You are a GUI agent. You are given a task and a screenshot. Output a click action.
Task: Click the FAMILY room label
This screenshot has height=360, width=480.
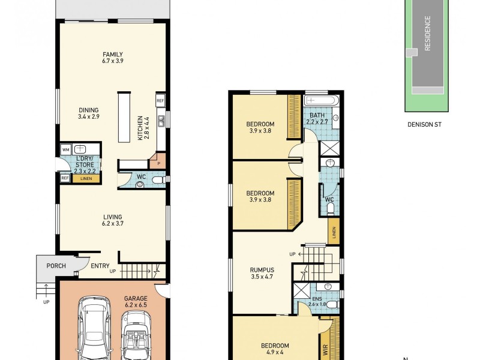point(112,58)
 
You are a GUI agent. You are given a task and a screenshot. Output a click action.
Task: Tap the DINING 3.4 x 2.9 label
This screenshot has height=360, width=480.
point(88,113)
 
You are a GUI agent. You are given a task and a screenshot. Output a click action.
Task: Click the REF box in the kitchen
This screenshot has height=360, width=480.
point(160,101)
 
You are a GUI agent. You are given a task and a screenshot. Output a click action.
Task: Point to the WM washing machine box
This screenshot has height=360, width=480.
point(65,149)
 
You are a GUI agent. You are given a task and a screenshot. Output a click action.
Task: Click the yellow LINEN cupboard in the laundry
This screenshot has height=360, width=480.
point(86,178)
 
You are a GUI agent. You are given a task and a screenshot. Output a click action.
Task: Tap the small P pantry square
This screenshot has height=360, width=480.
point(158,162)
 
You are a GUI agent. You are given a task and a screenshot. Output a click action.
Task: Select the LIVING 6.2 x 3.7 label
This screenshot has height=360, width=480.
point(112,220)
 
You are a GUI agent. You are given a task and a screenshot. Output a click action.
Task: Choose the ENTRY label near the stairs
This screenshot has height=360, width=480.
point(100,266)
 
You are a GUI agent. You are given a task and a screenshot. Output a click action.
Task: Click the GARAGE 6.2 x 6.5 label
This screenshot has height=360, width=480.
point(136,301)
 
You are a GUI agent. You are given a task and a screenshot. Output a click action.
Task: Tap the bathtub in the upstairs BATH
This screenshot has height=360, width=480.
point(322,101)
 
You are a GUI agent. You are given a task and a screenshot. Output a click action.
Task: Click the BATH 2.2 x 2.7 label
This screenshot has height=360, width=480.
point(317,118)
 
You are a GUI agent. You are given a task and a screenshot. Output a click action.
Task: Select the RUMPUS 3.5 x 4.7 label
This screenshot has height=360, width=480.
point(262,274)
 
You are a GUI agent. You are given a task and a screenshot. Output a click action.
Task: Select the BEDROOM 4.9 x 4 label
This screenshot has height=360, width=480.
point(275,349)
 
